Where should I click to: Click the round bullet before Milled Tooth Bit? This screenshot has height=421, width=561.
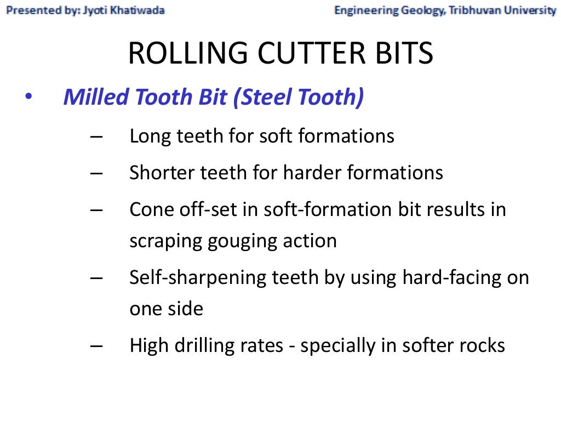pos(28,98)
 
